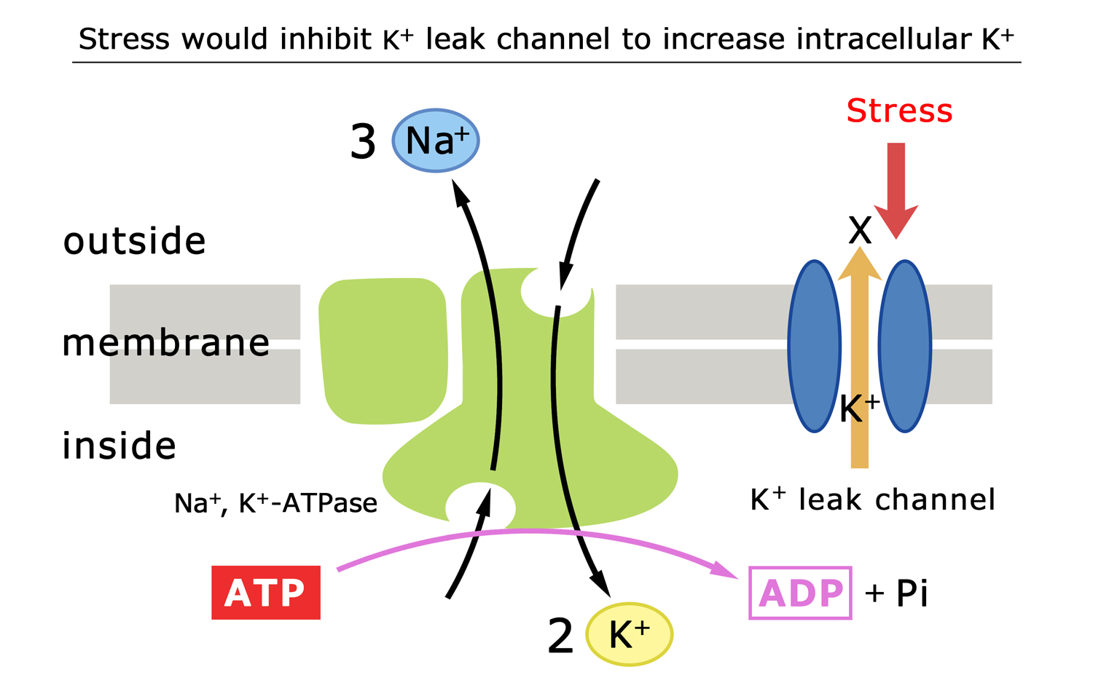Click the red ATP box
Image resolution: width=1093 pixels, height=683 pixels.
pyautogui.click(x=266, y=592)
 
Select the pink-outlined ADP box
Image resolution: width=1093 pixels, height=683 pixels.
pyautogui.click(x=800, y=593)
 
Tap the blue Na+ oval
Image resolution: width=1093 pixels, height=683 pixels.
pyautogui.click(x=436, y=141)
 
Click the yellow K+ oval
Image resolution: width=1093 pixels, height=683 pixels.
pyautogui.click(x=629, y=634)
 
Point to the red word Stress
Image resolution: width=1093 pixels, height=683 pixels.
pyautogui.click(x=899, y=111)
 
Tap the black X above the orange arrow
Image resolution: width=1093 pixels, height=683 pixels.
pyautogui.click(x=860, y=232)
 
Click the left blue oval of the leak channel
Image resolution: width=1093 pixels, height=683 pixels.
pyautogui.click(x=815, y=346)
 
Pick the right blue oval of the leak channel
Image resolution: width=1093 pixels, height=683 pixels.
pyautogui.click(x=905, y=346)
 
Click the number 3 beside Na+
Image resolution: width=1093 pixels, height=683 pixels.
pyautogui.click(x=363, y=142)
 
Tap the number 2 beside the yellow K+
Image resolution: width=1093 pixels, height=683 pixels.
pyautogui.click(x=560, y=636)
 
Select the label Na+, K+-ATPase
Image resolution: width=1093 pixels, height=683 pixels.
pyautogui.click(x=275, y=503)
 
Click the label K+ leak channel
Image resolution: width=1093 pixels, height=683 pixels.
pyautogui.click(x=872, y=500)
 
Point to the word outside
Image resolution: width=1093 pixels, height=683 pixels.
pyautogui.click(x=135, y=241)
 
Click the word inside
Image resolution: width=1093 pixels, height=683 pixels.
pyautogui.click(x=119, y=446)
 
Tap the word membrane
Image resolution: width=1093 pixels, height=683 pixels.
pyautogui.click(x=165, y=342)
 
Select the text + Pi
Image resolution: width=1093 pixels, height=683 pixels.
pyautogui.click(x=896, y=593)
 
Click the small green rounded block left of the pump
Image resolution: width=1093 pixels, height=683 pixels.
pyautogui.click(x=383, y=350)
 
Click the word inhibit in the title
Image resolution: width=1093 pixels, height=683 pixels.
pyautogui.click(x=326, y=39)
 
